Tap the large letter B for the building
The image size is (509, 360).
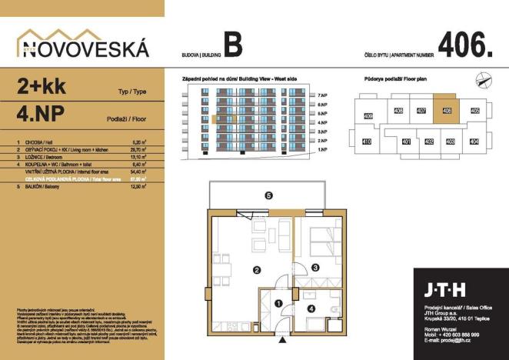coord(233,45)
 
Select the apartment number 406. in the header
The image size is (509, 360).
coord(464,45)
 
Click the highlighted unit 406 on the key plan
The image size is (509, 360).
coord(446,111)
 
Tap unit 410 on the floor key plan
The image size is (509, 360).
coord(367,142)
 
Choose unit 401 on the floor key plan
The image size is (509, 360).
coord(406,142)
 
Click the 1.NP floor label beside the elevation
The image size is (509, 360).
coord(322,152)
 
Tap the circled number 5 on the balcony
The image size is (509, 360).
coord(268,195)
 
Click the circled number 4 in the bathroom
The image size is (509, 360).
coord(311,309)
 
